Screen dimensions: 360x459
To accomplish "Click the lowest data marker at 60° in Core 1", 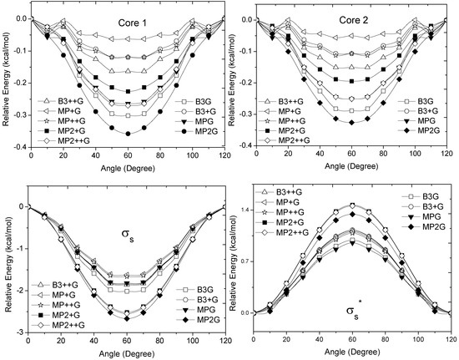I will (128, 133).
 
